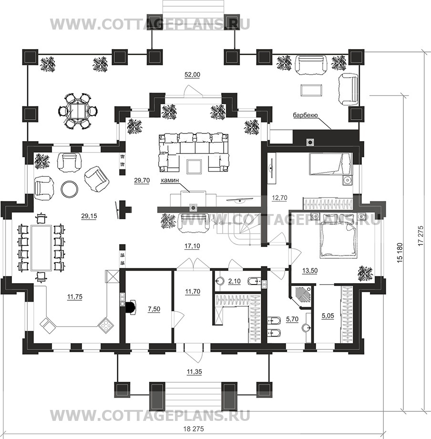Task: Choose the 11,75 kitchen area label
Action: click(75, 297)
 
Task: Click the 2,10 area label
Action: click(234, 282)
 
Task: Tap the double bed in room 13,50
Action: click(337, 237)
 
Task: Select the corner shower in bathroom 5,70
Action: click(301, 295)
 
